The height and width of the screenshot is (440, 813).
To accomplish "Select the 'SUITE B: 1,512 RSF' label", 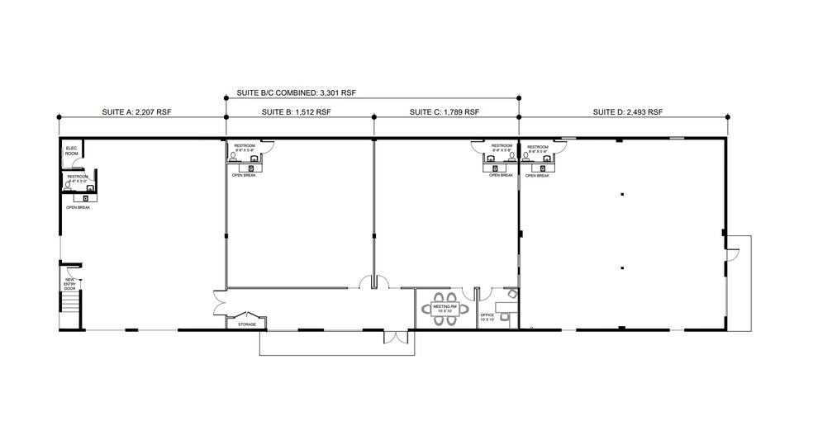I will (296, 111).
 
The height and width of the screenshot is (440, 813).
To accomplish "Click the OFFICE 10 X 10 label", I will (487, 316).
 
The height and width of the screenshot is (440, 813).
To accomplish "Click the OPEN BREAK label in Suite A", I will (78, 207).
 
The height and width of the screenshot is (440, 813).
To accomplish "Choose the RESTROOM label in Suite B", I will (245, 146).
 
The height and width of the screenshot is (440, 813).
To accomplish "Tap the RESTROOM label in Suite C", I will (502, 146).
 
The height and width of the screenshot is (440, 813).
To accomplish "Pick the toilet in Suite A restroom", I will (68, 186).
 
